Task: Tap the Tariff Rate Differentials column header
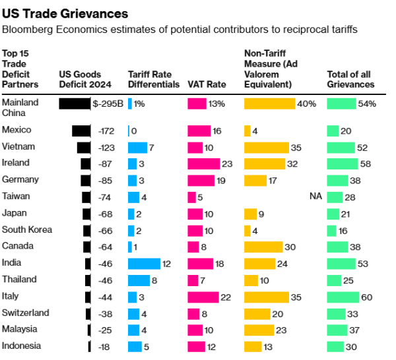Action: click(154, 79)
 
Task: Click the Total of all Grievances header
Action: click(350, 79)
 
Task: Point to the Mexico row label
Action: click(16, 131)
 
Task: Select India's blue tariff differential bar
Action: click(144, 264)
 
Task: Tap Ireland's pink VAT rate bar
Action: click(203, 164)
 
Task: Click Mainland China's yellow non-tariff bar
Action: click(270, 104)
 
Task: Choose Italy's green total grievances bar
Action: click(343, 297)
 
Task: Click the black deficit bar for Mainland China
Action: click(74, 104)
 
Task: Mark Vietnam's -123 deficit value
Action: click(106, 147)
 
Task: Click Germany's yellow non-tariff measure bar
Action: click(255, 181)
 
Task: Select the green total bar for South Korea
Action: click(333, 231)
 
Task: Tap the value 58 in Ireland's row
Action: click(366, 164)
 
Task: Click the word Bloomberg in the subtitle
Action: click(26, 30)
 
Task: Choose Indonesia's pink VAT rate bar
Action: click(196, 347)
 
